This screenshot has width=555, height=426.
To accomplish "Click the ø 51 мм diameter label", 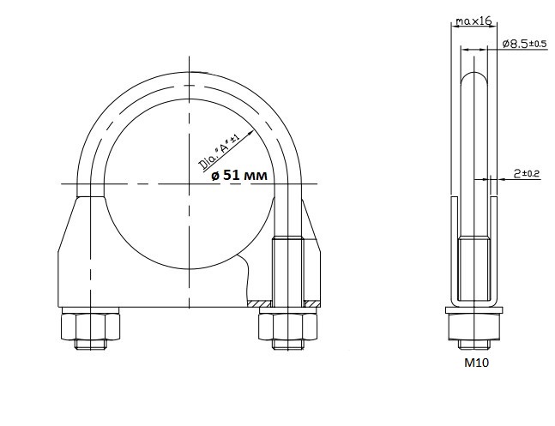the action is point(239,175).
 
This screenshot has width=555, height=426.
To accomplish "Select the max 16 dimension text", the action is point(474,21).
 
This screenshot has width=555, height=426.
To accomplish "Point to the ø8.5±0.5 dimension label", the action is point(524,44).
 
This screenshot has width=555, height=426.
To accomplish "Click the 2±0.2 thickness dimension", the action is point(527,173).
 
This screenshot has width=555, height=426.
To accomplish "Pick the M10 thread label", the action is point(476,363).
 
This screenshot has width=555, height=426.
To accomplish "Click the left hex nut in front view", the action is point(90,327).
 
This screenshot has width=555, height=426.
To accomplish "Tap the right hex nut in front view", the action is point(287,327).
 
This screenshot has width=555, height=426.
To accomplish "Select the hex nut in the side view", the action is point(474,327).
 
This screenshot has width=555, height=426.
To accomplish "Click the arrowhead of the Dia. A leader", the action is point(251,133).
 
